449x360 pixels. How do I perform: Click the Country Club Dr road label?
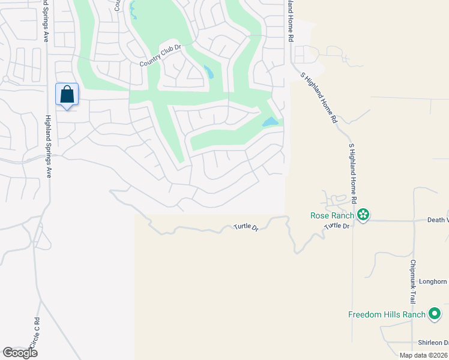[x=160, y=56]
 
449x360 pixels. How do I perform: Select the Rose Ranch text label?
[x=331, y=215]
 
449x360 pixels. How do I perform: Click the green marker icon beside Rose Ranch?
[x=363, y=215]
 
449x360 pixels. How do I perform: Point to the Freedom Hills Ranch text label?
[x=387, y=314]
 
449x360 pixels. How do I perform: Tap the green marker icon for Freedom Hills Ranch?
[x=435, y=314]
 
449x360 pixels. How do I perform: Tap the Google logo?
[x=20, y=353]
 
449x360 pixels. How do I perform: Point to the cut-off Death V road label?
[x=438, y=220]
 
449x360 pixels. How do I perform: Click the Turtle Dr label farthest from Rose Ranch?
[x=246, y=228]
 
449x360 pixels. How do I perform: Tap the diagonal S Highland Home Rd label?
[x=319, y=96]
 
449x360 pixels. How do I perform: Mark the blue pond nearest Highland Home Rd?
[x=270, y=122]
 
